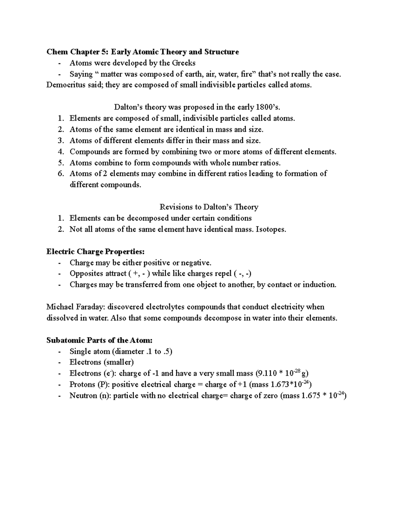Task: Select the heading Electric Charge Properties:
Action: [95, 252]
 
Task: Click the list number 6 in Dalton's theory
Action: [60, 174]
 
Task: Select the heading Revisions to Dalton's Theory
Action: [209, 207]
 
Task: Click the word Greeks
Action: [183, 63]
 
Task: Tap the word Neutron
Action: [83, 396]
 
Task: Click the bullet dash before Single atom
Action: [59, 351]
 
